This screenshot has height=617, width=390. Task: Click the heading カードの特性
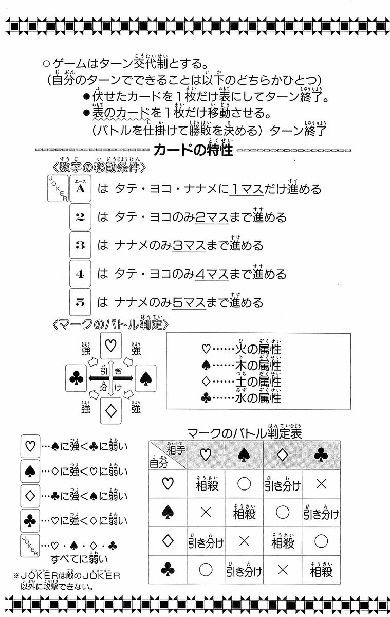pyautogui.click(x=193, y=150)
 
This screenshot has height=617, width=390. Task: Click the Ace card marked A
pyautogui.click(x=80, y=189)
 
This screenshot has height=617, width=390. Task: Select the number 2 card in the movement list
pyautogui.click(x=80, y=217)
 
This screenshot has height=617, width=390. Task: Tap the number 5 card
pyautogui.click(x=80, y=302)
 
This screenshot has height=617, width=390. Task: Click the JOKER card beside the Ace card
pyautogui.click(x=58, y=188)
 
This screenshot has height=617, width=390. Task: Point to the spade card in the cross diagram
pyautogui.click(x=144, y=379)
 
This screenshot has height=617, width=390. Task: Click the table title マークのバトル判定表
pyautogui.click(x=244, y=433)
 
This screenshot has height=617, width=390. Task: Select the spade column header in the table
pyautogui.click(x=244, y=455)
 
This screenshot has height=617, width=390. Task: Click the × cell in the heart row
pyautogui.click(x=322, y=484)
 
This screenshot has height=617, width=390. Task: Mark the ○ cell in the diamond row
pyautogui.click(x=322, y=541)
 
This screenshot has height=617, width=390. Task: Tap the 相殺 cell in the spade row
pyautogui.click(x=244, y=512)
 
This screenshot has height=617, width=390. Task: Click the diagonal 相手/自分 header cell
pyautogui.click(x=167, y=455)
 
